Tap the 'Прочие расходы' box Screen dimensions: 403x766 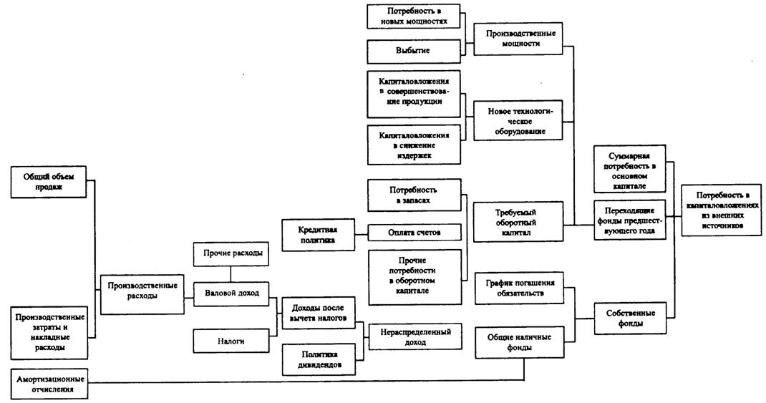(x=231, y=253)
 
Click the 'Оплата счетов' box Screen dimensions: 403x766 (x=414, y=233)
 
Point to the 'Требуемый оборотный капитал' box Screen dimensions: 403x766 (x=516, y=222)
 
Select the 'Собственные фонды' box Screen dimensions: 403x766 (x=631, y=317)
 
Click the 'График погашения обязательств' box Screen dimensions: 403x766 (x=518, y=288)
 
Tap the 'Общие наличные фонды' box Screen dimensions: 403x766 (x=518, y=342)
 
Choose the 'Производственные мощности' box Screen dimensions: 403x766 (x=516, y=38)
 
